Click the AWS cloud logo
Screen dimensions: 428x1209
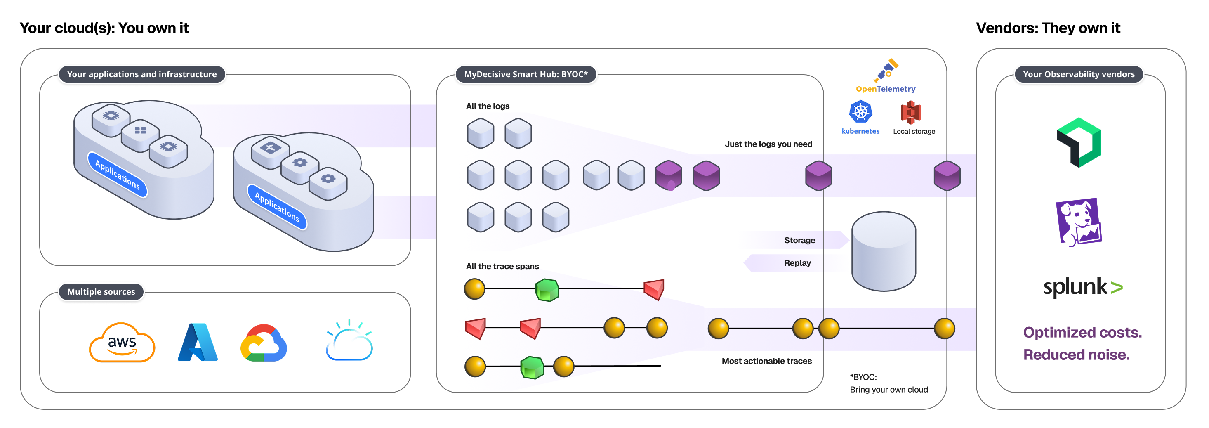[122, 343]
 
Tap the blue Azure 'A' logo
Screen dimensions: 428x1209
[198, 343]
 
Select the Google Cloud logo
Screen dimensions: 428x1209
[263, 343]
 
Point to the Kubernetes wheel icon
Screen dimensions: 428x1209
[860, 112]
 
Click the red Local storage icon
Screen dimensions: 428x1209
[910, 112]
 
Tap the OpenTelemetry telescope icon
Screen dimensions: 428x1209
[886, 70]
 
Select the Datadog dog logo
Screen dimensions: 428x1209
[1079, 222]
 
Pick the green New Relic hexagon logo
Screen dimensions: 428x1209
[1079, 142]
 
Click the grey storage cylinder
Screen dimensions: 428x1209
[883, 251]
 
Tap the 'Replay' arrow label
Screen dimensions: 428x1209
[797, 263]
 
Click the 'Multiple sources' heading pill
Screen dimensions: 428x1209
[101, 292]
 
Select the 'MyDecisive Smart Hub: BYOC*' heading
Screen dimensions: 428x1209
[526, 74]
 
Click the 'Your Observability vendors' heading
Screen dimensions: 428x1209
[1079, 74]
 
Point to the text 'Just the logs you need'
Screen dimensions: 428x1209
[768, 144]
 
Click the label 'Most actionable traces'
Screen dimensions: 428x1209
[766, 361]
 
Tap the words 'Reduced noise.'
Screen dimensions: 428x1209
[1076, 355]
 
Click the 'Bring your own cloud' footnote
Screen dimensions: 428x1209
[888, 390]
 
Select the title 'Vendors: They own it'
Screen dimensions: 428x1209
[1048, 28]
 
